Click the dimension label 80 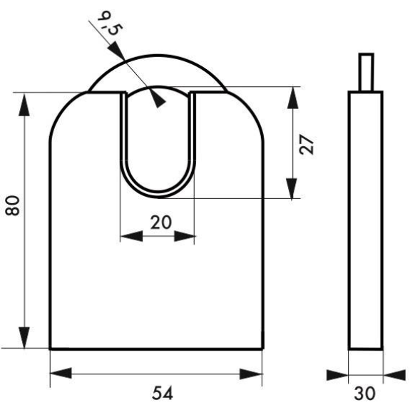click(x=12, y=205)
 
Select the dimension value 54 click(x=163, y=393)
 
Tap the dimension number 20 click(x=161, y=222)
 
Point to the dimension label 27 click(x=307, y=145)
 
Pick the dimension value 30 click(x=365, y=393)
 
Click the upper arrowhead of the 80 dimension click(x=24, y=105)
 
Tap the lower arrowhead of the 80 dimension click(x=24, y=337)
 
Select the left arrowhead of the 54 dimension click(x=61, y=373)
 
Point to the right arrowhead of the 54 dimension click(x=251, y=374)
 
